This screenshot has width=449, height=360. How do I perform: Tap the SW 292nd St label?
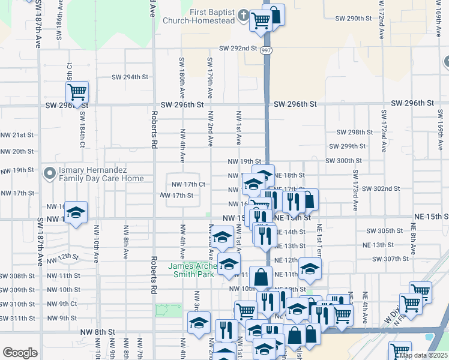pos(238,48)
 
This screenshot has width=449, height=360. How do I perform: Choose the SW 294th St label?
pos(130,77)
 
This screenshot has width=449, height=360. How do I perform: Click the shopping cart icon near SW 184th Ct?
pos(77,93)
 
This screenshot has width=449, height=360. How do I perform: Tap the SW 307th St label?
pos(390,259)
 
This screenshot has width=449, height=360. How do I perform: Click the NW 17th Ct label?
pos(189,184)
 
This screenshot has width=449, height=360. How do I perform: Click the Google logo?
pos(20,353)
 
